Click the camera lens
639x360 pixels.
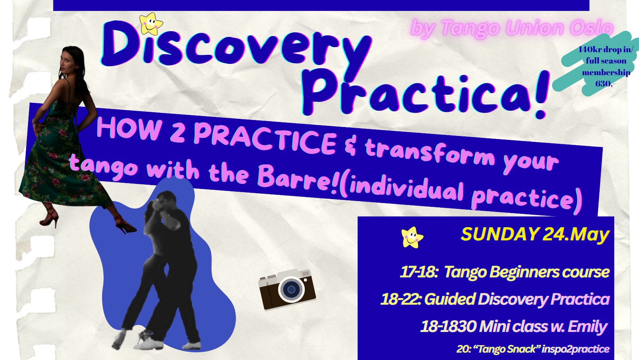tap(291, 289)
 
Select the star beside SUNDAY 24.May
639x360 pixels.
tap(412, 237)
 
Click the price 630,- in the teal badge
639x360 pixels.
tap(605, 84)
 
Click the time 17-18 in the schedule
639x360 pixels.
tap(419, 272)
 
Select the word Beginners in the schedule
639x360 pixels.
tap(523, 272)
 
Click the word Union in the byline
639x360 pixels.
tap(531, 28)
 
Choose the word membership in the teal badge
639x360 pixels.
tap(606, 72)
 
